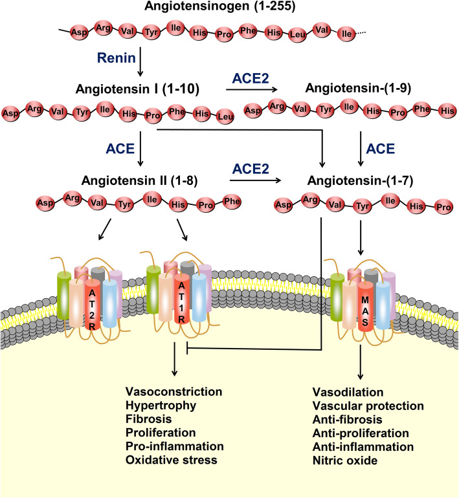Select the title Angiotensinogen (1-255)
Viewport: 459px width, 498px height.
click(x=229, y=9)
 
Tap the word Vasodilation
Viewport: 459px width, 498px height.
click(x=348, y=393)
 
